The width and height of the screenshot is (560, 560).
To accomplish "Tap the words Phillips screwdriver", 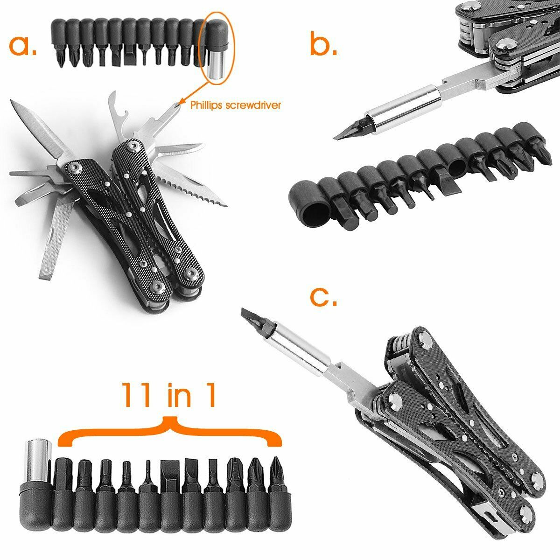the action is coord(235,105).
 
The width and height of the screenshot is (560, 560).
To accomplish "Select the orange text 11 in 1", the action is coord(169,395).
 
